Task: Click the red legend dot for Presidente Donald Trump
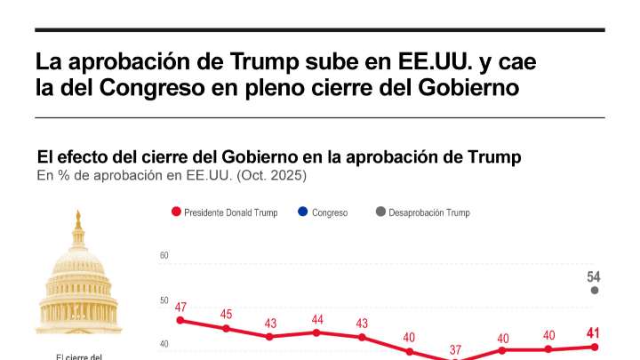176,212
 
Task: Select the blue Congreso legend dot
303,212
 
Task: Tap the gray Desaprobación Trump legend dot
380,212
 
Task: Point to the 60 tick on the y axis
164,256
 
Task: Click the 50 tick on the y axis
164,300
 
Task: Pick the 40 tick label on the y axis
164,345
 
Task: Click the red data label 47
180,308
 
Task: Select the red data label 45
227,315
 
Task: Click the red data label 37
455,349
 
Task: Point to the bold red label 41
593,334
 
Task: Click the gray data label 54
594,277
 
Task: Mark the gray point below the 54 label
595,291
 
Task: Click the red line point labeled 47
180,320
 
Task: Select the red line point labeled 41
595,347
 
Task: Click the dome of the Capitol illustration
78,258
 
